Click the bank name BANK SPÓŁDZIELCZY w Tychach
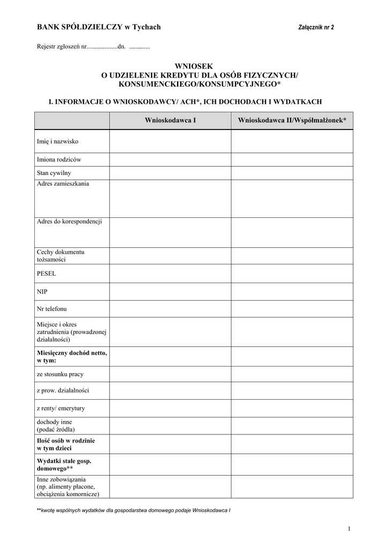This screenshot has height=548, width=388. point(98,27)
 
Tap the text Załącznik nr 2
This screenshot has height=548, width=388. point(315,27)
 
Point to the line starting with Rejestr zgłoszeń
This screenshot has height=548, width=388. point(93,47)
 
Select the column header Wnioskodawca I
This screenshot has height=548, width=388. point(170,121)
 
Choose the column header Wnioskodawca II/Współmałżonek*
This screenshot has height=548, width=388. point(292,121)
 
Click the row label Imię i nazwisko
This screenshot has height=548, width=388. point(58,142)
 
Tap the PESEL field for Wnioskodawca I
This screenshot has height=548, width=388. point(170,273)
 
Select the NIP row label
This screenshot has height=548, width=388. point(42,292)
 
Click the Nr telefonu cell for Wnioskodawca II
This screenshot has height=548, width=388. point(292,309)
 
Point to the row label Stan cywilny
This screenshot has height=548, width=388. point(54,173)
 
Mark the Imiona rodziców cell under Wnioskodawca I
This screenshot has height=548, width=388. point(170,159)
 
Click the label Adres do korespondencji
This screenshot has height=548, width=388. point(69,221)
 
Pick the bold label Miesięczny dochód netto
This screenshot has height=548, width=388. point(72,356)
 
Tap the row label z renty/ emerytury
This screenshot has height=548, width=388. point(60,408)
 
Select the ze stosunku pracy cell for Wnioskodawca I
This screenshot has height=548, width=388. point(170,374)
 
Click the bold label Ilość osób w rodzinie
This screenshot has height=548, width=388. point(66,444)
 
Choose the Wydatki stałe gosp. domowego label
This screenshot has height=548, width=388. point(64,464)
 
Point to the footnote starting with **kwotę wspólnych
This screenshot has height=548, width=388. point(133,511)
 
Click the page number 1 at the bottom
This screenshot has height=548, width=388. point(348,529)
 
